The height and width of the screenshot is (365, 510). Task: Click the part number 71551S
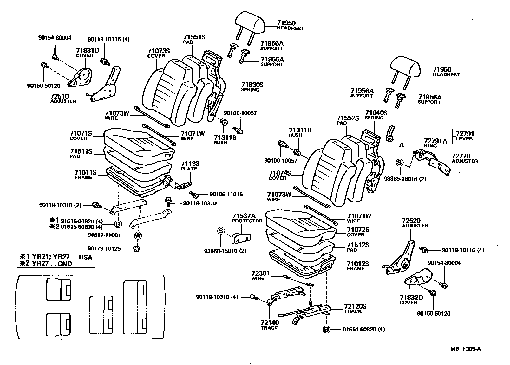coord(194,37)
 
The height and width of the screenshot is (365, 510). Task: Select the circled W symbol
coord(138,235)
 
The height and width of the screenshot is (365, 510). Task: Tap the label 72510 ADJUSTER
coord(60,96)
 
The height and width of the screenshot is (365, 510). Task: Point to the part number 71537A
coord(244,216)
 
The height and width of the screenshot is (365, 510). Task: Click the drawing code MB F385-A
coord(465,349)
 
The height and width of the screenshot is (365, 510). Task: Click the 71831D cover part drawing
coord(80,79)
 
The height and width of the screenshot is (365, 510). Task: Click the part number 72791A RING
coord(435,141)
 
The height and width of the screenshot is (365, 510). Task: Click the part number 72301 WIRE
coord(260,273)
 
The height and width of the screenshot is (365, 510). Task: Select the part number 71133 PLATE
coord(190,164)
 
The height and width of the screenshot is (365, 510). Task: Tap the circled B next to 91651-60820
coord(326,330)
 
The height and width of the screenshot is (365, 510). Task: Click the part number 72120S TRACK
coord(355,307)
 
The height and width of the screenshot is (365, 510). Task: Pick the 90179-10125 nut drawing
coord(137,249)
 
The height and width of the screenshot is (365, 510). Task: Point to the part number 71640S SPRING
coord(376,113)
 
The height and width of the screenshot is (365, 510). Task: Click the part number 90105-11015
coord(226,194)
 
